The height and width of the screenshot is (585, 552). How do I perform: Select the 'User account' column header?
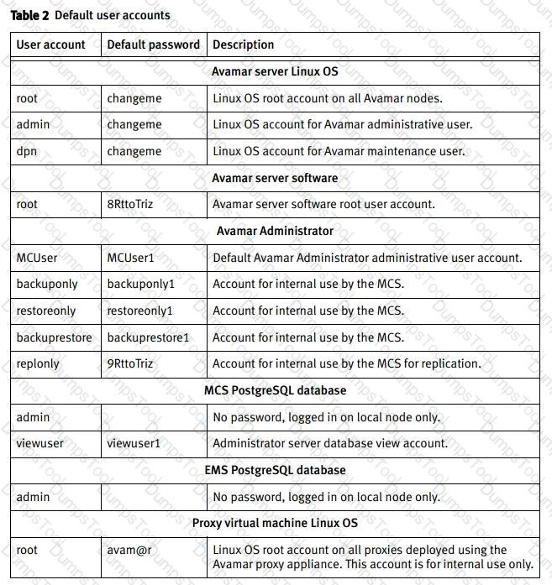click(x=50, y=44)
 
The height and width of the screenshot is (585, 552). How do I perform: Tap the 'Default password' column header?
click(x=154, y=44)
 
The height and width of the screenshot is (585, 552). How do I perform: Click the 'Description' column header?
click(x=244, y=44)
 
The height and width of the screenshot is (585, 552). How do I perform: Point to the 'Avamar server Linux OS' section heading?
click(x=275, y=71)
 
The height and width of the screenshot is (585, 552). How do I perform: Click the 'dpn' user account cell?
click(x=27, y=151)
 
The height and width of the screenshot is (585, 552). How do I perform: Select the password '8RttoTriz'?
click(x=130, y=204)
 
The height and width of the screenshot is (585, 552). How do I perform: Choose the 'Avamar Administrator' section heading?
click(x=275, y=231)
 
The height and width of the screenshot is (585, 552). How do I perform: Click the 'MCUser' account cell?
click(x=37, y=258)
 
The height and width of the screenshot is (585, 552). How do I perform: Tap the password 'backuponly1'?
click(x=141, y=284)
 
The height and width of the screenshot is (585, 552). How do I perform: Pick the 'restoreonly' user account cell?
click(x=46, y=311)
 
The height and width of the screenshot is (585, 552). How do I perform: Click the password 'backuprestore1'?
click(x=149, y=337)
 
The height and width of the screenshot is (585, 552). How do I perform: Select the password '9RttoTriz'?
click(x=130, y=363)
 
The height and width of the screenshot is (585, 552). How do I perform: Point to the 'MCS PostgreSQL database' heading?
click(x=275, y=390)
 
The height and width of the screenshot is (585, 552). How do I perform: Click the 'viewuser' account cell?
click(x=39, y=443)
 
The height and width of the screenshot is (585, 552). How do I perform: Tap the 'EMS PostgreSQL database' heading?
click(x=275, y=470)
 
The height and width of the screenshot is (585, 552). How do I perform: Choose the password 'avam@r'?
click(x=128, y=550)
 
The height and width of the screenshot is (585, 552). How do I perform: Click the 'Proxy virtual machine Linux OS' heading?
click(x=275, y=523)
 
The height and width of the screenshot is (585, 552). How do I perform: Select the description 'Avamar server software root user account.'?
click(x=323, y=204)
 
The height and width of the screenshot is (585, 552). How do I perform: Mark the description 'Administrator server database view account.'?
click(x=330, y=443)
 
